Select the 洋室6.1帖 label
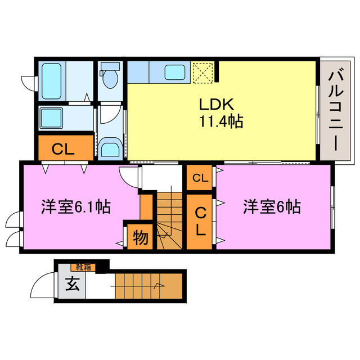point(75,207)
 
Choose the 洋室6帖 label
point(271,207)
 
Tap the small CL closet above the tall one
point(200,178)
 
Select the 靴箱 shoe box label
point(82,267)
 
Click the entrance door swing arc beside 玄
point(43,287)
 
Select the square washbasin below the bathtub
point(54,118)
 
